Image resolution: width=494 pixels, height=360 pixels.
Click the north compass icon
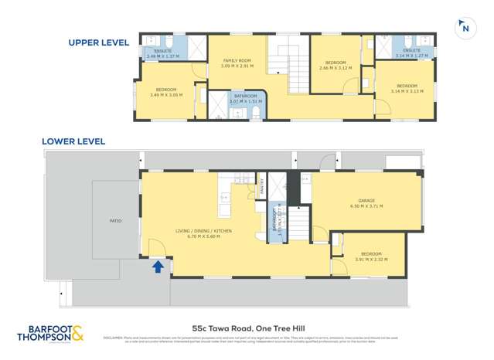point(465,29)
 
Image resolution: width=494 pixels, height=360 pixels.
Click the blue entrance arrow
point(158,267)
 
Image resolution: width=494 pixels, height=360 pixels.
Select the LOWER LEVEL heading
point(74,141)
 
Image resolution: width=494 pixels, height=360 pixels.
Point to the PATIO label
point(115,221)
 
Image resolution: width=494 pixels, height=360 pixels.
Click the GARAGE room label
point(366,201)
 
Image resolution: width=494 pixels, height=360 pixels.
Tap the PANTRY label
point(262,185)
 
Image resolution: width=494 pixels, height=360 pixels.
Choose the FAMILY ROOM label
point(237,60)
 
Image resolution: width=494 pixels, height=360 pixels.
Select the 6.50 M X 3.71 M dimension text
point(366,206)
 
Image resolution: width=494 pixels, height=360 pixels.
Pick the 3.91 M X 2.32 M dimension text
point(371,259)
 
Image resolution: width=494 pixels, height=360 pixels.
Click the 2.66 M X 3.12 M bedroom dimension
point(335,68)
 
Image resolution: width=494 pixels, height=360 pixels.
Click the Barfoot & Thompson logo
point(51,335)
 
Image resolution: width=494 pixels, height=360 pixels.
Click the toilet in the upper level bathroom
point(256,113)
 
